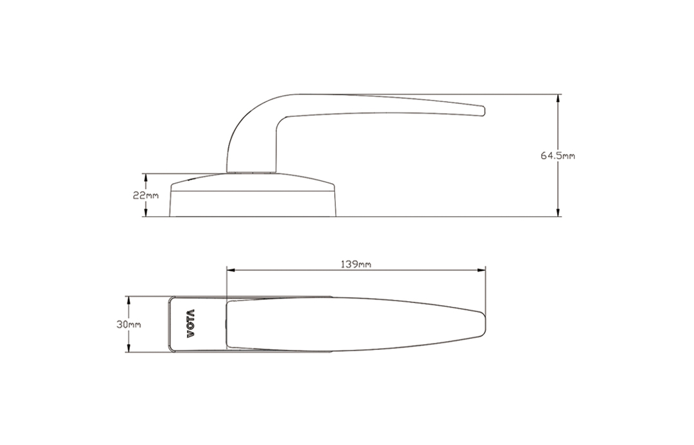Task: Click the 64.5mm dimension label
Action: pyautogui.click(x=558, y=155)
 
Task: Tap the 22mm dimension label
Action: pyautogui.click(x=146, y=195)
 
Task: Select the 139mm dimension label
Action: pyautogui.click(x=356, y=264)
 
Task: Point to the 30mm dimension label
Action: pyautogui.click(x=129, y=324)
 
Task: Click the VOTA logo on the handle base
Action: pyautogui.click(x=190, y=324)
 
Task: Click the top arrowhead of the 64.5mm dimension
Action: pyautogui.click(x=558, y=99)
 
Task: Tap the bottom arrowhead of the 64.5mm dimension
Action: pyautogui.click(x=558, y=212)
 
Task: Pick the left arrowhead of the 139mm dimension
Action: pyautogui.click(x=231, y=270)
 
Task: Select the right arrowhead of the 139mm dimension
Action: pyautogui.click(x=481, y=270)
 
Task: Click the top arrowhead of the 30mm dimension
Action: pyautogui.click(x=129, y=301)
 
